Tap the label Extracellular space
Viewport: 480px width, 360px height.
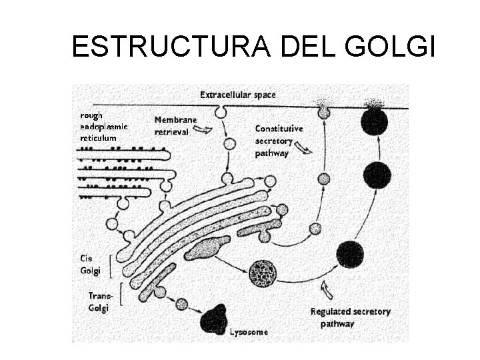point(237,95)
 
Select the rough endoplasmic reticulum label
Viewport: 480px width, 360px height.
point(104,126)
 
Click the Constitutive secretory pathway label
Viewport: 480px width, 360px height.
point(279,140)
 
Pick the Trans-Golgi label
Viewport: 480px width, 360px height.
point(99,301)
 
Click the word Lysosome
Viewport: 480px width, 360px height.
point(249,331)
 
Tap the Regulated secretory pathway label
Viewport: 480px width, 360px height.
point(351,317)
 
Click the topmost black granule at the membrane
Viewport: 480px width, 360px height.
point(375,122)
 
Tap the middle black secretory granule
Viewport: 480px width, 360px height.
point(377,175)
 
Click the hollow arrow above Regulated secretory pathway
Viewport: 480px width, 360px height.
point(326,289)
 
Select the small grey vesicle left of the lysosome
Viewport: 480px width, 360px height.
point(182,305)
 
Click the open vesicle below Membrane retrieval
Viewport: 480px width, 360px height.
point(229,143)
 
